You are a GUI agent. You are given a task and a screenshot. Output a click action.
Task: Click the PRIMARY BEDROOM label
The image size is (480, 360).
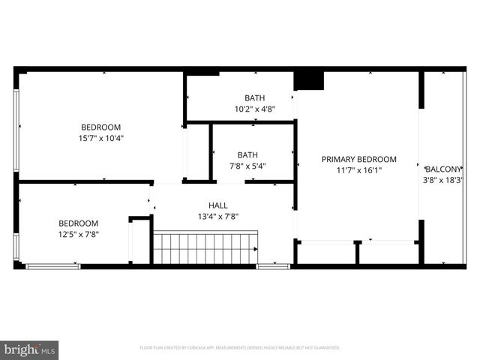[358, 159]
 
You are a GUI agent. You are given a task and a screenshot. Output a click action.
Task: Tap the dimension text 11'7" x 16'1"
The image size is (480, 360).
[358, 170]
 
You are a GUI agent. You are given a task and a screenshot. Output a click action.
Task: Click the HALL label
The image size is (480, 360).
[218, 205]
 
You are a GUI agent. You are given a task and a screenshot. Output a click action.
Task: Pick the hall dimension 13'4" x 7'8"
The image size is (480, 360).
[218, 217]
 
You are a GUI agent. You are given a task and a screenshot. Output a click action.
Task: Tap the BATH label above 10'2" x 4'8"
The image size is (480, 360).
[255, 97]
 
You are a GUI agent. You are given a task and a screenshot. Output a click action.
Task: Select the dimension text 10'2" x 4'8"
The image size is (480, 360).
[255, 109]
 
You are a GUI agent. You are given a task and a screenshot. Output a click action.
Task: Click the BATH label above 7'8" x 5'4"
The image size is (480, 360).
[247, 155]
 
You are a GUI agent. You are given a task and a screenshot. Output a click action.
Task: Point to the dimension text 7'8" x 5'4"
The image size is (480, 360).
[247, 166]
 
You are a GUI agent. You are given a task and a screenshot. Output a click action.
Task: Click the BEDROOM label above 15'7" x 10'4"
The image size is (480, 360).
[101, 127]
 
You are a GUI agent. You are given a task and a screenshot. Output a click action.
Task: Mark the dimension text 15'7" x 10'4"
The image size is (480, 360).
[101, 138]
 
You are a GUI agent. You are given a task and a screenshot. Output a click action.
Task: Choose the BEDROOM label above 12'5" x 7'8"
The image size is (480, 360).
[79, 223]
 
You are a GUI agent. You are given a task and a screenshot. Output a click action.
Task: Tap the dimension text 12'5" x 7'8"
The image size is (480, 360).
[79, 234]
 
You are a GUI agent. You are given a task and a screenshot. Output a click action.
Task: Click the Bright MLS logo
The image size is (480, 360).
[30, 349]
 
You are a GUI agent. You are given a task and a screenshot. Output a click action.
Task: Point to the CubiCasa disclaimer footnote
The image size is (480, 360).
[240, 348]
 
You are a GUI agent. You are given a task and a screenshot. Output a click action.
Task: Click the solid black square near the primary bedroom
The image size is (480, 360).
[307, 80]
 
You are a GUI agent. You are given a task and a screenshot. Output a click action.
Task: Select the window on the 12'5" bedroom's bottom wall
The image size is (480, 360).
[52, 265]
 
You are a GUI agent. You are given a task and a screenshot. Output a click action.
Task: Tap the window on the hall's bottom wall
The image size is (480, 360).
[273, 265]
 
